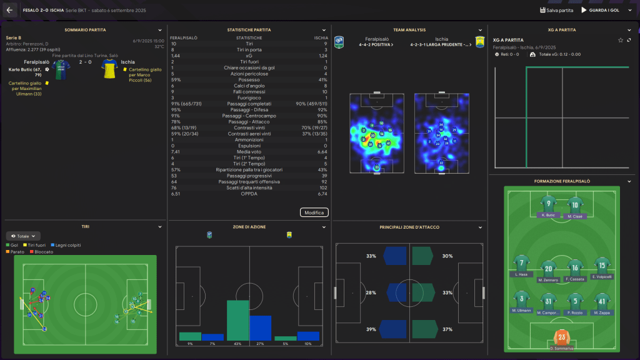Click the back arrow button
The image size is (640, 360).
click(x=10, y=10)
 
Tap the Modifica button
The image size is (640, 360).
click(x=314, y=212)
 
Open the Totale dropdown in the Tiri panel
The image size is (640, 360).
click(x=23, y=236)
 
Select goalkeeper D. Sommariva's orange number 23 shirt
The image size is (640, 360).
click(x=562, y=338)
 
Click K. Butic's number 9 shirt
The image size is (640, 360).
click(x=547, y=204)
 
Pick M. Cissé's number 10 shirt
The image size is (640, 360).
click(x=575, y=204)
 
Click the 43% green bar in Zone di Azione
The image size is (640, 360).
click(x=237, y=320)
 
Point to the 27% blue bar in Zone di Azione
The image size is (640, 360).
click(x=260, y=328)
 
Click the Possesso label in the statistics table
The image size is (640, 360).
click(x=249, y=79)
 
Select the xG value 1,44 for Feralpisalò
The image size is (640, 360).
click(x=176, y=56)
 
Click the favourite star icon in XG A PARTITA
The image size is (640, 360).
click(x=621, y=40)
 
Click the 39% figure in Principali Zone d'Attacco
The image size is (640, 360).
click(x=371, y=329)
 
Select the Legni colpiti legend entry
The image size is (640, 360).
click(x=66, y=245)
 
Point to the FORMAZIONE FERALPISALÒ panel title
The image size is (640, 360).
click(x=562, y=181)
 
